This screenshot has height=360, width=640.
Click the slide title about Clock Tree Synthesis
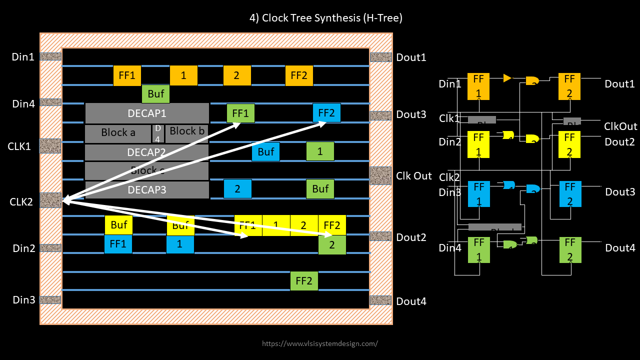tap(325, 18)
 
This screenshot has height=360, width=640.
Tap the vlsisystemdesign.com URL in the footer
tap(320, 343)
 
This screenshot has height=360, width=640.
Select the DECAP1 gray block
tap(146, 113)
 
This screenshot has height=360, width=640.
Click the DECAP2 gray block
tap(146, 152)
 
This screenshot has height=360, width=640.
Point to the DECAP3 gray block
tap(146, 190)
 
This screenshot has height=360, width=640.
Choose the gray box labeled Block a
tap(118, 133)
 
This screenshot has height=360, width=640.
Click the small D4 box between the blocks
tap(157, 134)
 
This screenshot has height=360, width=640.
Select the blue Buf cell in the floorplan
tap(265, 151)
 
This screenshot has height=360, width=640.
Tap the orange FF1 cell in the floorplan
tap(127, 75)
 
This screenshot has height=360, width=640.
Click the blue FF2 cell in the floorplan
tap(326, 113)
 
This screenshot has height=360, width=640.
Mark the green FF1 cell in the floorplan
tap(240, 113)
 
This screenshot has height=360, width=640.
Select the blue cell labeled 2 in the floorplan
tap(237, 189)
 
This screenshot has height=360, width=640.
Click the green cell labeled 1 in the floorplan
tap(320, 151)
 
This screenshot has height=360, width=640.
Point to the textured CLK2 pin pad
tap(50, 200)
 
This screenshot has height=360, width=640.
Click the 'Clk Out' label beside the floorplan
tap(413, 176)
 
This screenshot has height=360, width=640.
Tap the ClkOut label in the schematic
tap(620, 126)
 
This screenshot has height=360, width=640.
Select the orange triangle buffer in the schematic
tap(507, 78)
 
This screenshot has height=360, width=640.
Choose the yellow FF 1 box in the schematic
tap(478, 144)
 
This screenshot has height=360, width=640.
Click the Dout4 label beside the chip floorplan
tap(411, 301)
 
